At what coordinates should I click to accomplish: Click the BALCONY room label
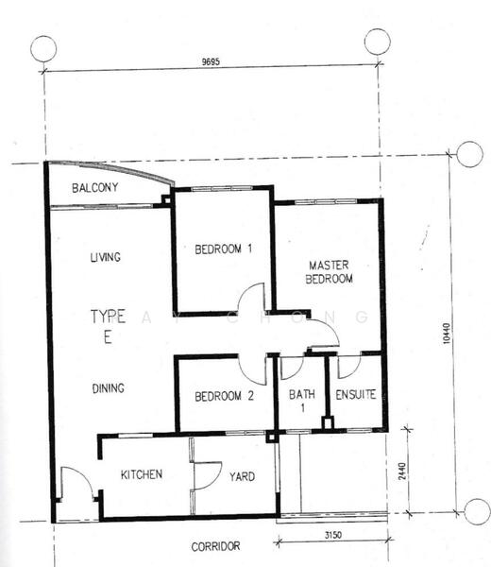tap(95, 188)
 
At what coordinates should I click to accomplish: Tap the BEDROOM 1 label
tap(224, 250)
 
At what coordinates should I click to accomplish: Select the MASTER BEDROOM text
tap(330, 272)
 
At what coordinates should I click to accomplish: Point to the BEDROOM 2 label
tap(225, 397)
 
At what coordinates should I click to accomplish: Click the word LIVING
tap(107, 257)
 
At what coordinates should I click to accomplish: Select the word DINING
tap(109, 387)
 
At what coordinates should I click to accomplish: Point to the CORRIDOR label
tap(216, 546)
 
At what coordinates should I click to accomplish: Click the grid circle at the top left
tap(43, 47)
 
